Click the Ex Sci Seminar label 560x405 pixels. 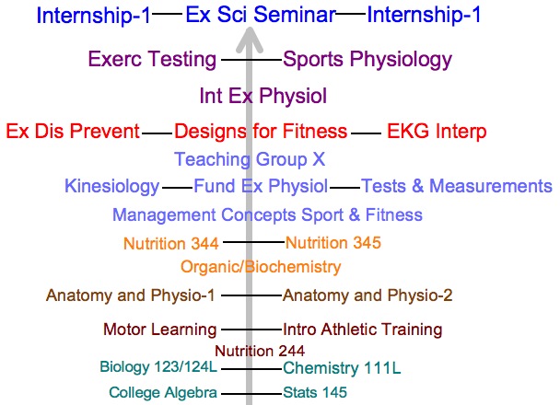[261, 15]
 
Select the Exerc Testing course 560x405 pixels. [153, 59]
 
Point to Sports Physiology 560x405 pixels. [367, 60]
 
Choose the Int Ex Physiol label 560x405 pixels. [263, 96]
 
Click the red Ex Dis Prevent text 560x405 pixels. [73, 131]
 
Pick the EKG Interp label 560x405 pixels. [437, 131]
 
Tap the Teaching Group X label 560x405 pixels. [250, 159]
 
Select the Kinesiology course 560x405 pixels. [112, 187]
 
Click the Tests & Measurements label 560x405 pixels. [457, 186]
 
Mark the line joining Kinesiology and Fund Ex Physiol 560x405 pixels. [177, 188]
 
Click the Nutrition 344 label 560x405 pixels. [171, 244]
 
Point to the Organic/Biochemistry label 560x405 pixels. [261, 267]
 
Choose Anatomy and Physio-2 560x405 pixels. [367, 295]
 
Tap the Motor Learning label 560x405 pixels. [160, 330]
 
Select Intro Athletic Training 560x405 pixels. [363, 330]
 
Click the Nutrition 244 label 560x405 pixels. [260, 351]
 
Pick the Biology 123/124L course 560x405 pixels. [158, 367]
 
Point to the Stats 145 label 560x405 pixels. [315, 392]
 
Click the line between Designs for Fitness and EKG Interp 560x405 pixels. [366, 133]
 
